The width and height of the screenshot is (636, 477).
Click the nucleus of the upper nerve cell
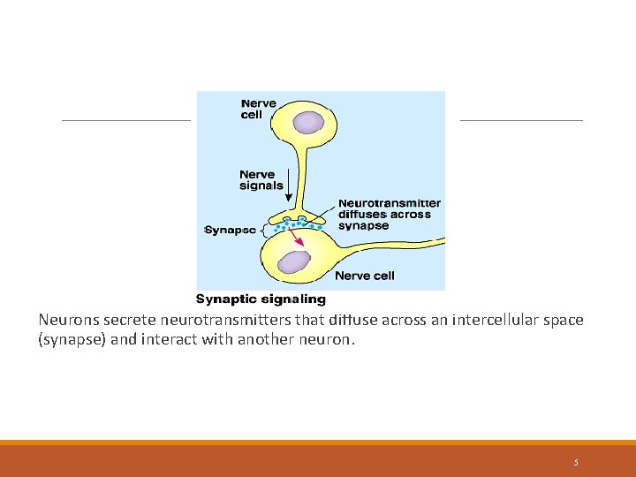pyautogui.click(x=309, y=122)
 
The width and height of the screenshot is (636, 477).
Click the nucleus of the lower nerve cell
pyautogui.click(x=293, y=261)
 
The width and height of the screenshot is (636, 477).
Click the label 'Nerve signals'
pyautogui.click(x=261, y=180)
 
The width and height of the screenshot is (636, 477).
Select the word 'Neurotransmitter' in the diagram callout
pyautogui.click(x=390, y=203)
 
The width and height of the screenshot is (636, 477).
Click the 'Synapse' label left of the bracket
pyautogui.click(x=230, y=230)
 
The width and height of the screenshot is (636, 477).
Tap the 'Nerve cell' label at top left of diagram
pyautogui.click(x=258, y=109)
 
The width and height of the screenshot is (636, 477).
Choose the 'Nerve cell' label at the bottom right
pyautogui.click(x=365, y=276)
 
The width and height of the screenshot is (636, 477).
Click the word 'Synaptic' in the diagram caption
pyautogui.click(x=223, y=299)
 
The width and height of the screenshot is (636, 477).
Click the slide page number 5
pyautogui.click(x=576, y=462)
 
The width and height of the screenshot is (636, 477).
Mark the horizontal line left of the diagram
pyautogui.click(x=125, y=120)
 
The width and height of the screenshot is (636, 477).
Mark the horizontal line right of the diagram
pyautogui.click(x=521, y=120)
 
